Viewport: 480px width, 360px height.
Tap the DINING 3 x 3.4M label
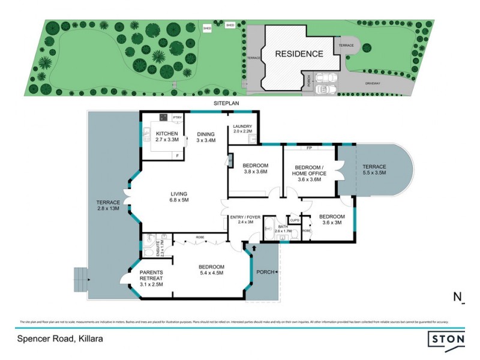tap(205, 136)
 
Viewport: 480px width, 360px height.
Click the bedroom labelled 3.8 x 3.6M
tap(255, 169)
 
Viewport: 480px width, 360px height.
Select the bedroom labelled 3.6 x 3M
tap(331, 220)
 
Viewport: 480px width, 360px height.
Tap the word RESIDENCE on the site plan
tap(299, 54)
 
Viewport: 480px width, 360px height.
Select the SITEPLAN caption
tap(225, 103)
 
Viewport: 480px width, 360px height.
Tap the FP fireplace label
tap(309, 147)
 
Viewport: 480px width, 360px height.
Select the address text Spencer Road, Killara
tap(59, 338)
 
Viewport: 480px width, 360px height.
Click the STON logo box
tap(447, 340)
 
